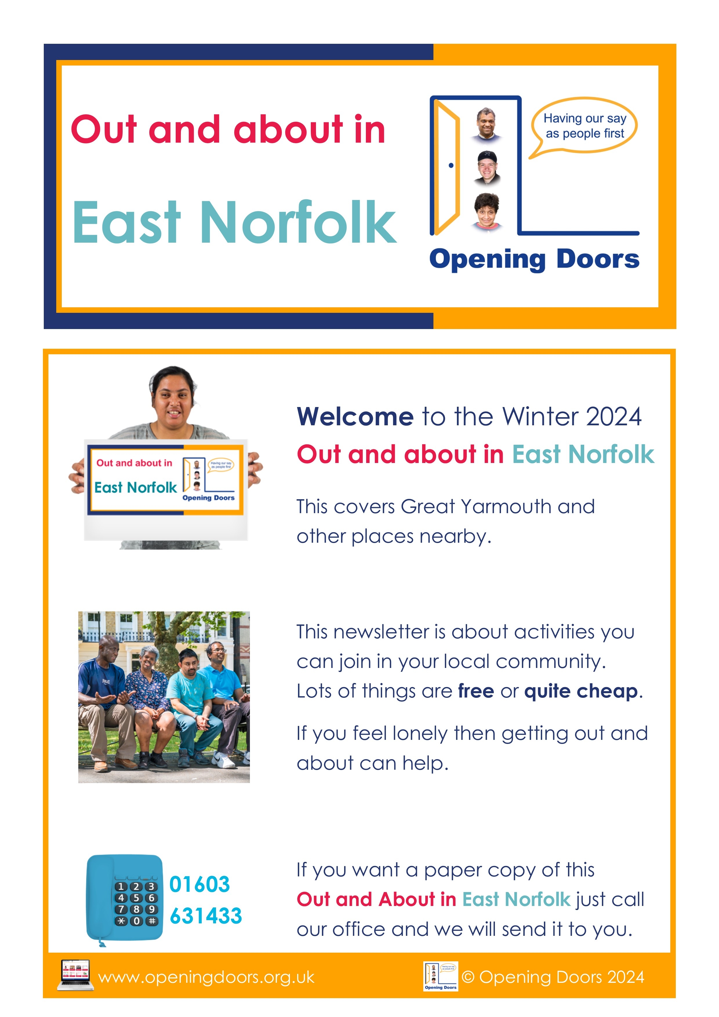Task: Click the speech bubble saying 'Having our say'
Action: tap(584, 126)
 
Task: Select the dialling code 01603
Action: tap(199, 884)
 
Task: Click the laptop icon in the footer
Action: tap(75, 975)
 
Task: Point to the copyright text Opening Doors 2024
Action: tap(553, 977)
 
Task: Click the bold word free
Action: tap(476, 691)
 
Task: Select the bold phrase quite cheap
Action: tap(582, 691)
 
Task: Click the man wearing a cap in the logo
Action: tap(487, 168)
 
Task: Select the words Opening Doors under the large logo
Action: tap(534, 259)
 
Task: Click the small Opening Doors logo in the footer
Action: tap(440, 976)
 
